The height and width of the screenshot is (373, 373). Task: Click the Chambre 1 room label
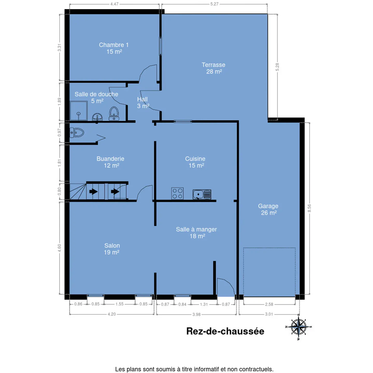114,48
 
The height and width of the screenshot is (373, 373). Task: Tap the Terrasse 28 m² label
213,68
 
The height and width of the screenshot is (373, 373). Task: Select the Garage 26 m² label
268,210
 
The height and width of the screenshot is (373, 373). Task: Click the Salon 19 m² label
112,249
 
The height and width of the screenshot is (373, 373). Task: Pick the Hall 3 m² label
143,103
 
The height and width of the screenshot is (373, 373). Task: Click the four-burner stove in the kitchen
177,193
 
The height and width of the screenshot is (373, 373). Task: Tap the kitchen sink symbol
202,194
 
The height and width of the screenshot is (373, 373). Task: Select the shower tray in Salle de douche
78,111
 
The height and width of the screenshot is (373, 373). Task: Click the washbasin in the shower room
97,117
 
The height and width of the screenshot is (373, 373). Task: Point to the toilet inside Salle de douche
114,114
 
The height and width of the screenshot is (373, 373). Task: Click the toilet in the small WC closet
77,133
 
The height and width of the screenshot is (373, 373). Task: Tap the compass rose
298,327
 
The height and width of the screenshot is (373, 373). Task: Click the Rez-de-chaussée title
225,331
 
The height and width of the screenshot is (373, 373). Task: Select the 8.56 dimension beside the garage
309,208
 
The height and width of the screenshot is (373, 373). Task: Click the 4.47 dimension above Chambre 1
114,4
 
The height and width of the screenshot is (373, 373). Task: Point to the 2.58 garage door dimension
269,304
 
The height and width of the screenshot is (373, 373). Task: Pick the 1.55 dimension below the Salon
119,304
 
